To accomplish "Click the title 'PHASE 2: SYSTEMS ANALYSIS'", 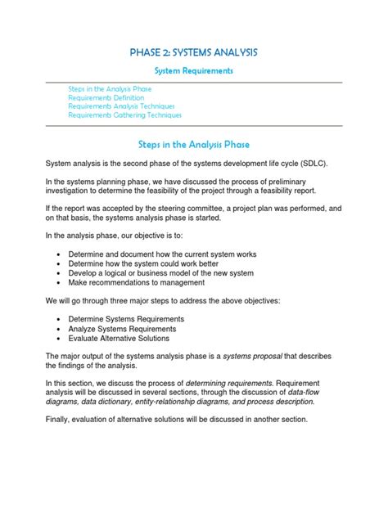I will pyautogui.click(x=194, y=52).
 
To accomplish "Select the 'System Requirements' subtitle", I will pyautogui.click(x=194, y=71).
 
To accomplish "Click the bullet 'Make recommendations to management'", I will pyautogui.click(x=137, y=283).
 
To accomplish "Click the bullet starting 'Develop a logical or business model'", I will pyautogui.click(x=161, y=272).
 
